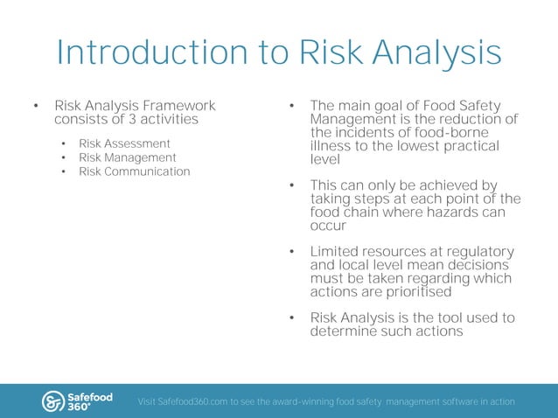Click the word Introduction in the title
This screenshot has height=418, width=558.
tap(148, 53)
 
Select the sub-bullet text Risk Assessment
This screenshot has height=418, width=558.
tap(124, 143)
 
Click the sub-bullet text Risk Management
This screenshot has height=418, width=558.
tap(127, 157)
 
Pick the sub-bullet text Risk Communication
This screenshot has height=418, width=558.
tap(134, 171)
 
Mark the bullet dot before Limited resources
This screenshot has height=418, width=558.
tap(292, 254)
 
